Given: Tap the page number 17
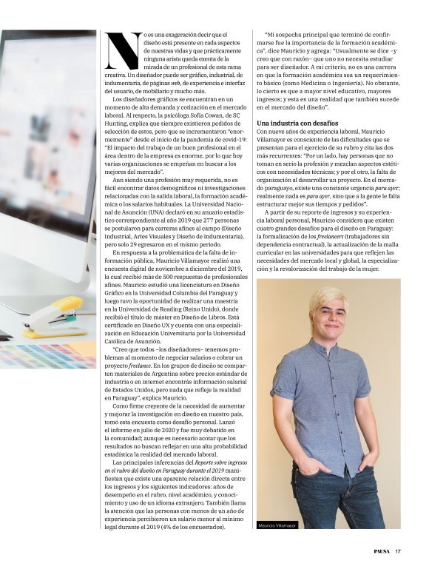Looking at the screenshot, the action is coord(398,550).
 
